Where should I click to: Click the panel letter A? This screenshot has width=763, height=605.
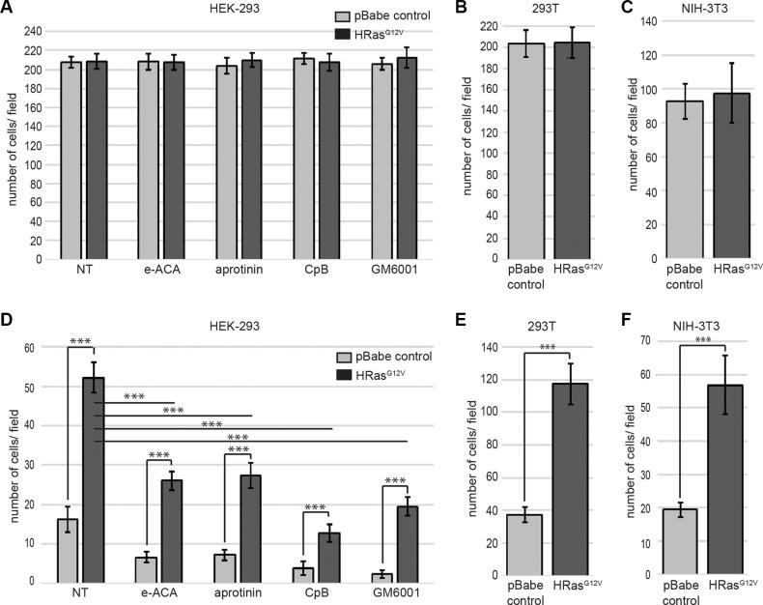point(7,9)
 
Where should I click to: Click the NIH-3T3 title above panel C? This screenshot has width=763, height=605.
point(693,9)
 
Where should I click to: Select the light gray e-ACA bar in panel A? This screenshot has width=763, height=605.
point(148,159)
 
